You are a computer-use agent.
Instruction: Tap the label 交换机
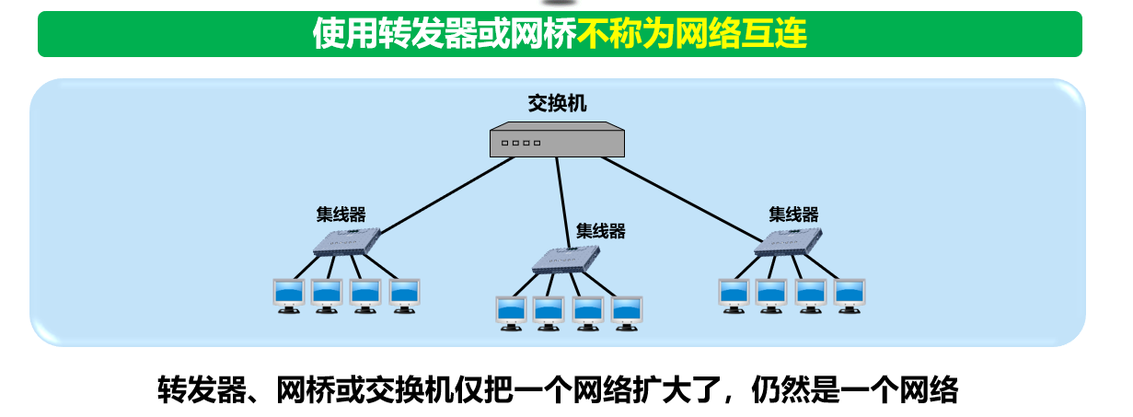(x=557, y=104)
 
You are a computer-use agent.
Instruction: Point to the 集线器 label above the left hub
(x=341, y=214)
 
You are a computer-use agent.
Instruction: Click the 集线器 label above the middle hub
(x=600, y=231)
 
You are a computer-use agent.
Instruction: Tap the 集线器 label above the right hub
(x=793, y=214)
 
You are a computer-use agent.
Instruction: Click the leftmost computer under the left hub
(x=288, y=295)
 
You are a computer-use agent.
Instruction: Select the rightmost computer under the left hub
(x=405, y=295)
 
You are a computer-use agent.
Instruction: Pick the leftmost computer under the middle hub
(x=510, y=312)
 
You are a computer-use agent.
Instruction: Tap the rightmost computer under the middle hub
(x=627, y=312)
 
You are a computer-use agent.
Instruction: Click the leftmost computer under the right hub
(x=734, y=295)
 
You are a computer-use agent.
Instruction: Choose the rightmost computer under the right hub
(x=850, y=295)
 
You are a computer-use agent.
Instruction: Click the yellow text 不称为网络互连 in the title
(x=692, y=34)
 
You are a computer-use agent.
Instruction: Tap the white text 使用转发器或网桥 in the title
(x=445, y=34)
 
